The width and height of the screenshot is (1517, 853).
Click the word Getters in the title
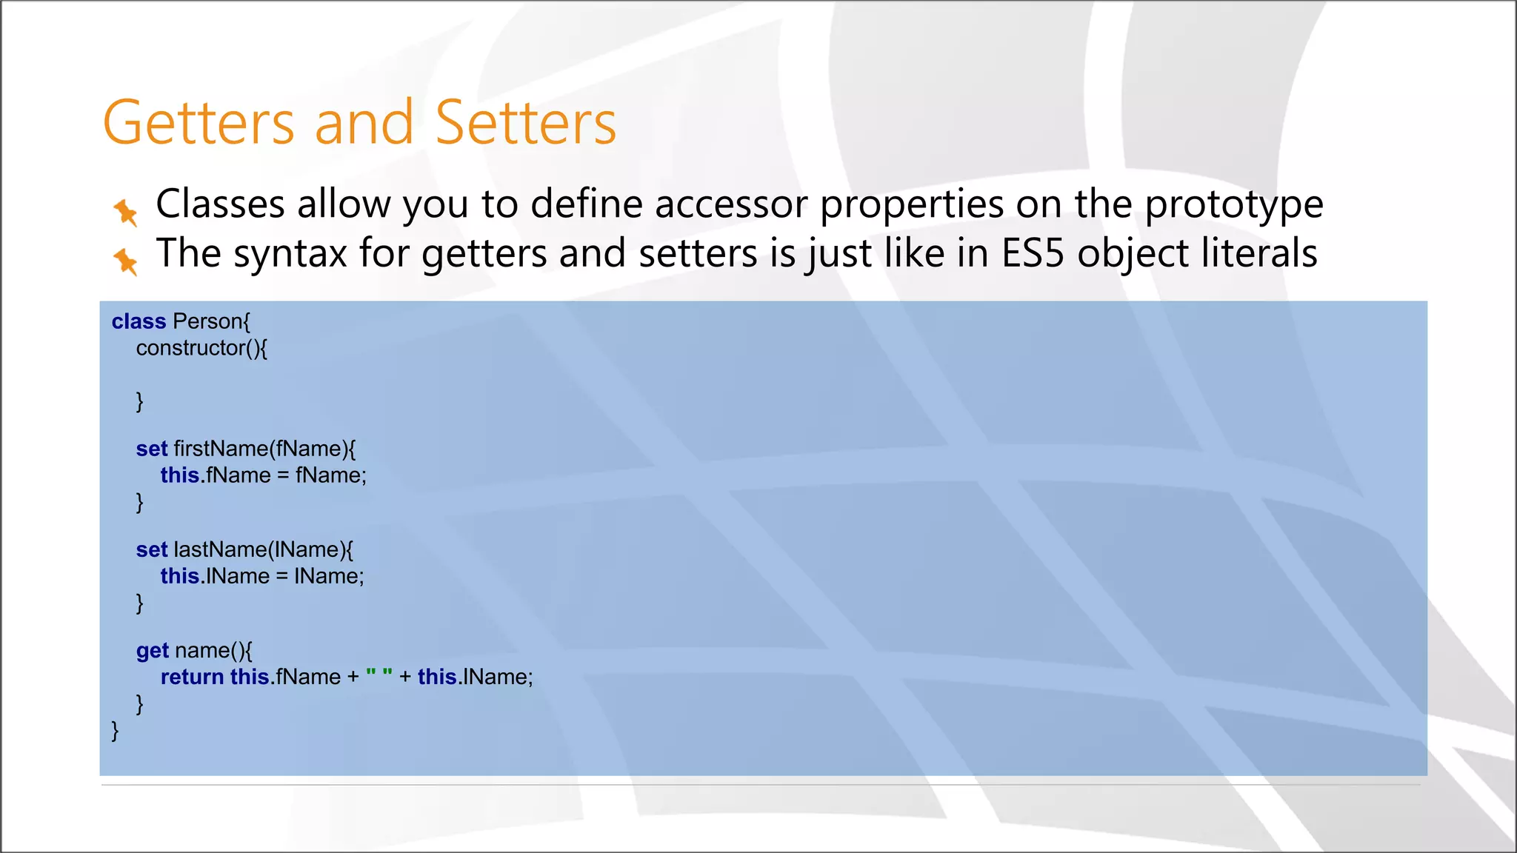tap(199, 123)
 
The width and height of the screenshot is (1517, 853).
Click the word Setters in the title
tap(525, 123)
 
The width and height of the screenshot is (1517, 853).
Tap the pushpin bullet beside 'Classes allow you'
tap(125, 212)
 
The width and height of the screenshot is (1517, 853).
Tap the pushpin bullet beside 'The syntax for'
tap(125, 261)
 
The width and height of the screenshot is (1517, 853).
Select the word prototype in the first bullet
tap(1234, 204)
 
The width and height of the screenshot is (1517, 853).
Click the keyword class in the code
tap(139, 321)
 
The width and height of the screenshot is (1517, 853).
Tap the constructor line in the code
tap(201, 348)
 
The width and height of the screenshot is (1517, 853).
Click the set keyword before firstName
tap(152, 449)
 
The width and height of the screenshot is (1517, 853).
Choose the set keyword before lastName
tap(152, 549)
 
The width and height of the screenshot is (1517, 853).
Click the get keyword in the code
tap(153, 651)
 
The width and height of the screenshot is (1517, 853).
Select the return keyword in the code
tap(192, 677)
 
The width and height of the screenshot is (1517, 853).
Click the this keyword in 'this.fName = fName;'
tap(180, 475)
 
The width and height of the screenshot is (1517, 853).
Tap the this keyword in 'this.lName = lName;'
tap(180, 576)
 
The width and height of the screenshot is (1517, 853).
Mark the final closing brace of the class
tap(115, 731)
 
